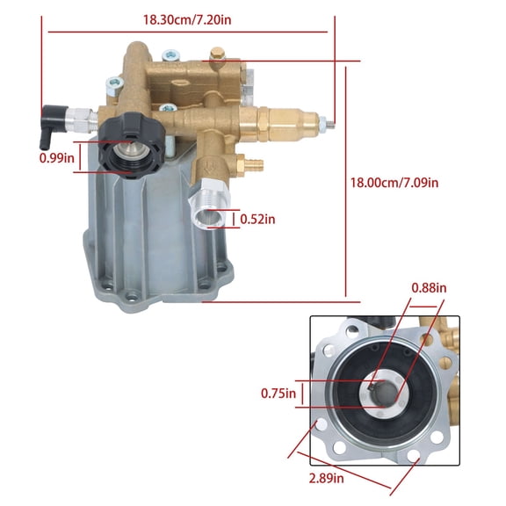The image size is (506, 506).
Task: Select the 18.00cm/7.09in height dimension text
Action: [x=394, y=182]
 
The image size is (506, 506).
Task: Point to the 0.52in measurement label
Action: [x=257, y=220]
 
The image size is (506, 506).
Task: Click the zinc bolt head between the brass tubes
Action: [x=114, y=85]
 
